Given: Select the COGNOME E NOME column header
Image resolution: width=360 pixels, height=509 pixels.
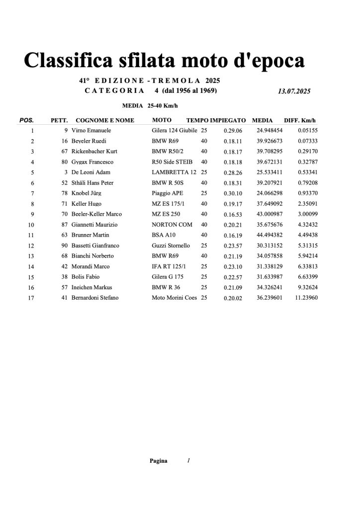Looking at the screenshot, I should (104, 120).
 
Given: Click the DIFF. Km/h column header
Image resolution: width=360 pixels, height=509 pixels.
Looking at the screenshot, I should (299, 120).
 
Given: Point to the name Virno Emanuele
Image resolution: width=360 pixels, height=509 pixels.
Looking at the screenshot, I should (92, 131).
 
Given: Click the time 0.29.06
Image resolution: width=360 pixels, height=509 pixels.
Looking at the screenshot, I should (233, 131).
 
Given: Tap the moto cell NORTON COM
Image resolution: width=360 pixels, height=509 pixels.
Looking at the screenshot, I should (172, 225).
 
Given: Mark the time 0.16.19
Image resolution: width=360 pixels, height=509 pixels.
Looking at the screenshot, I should (233, 235).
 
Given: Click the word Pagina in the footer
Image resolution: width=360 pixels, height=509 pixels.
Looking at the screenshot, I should (159, 461).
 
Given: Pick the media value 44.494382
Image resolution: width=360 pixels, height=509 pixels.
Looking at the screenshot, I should (270, 235).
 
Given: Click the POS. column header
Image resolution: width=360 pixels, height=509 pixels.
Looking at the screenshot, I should (26, 120).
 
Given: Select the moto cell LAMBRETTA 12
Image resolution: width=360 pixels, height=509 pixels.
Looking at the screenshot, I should (174, 172).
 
